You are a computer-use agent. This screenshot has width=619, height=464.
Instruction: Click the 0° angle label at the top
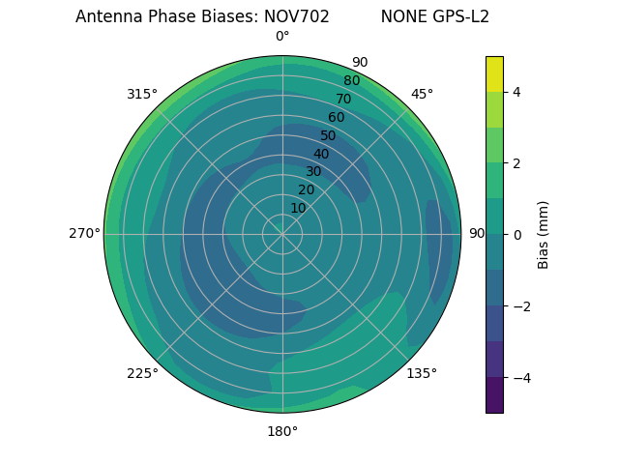[282, 37]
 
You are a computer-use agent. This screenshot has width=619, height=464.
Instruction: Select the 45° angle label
[422, 94]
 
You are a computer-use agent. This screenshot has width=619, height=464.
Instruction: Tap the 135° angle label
[422, 373]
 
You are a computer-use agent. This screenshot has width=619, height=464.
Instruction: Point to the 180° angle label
[282, 431]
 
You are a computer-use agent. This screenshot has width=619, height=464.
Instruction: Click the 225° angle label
[142, 373]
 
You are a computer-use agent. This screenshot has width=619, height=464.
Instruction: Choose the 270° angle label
[84, 234]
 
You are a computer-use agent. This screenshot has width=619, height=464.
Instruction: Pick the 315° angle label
[142, 94]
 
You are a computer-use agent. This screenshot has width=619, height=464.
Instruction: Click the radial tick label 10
[298, 208]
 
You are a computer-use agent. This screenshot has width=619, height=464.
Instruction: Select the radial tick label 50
[329, 135]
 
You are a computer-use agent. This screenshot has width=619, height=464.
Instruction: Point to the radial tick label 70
[344, 99]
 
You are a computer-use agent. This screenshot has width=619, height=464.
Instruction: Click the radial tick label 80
[352, 81]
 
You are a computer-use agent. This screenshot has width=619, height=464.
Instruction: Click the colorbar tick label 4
[516, 92]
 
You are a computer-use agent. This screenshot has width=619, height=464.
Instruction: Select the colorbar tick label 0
[516, 235]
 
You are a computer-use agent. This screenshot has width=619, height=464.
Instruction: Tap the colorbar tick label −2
[520, 306]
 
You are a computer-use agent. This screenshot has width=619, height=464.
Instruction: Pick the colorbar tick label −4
[520, 378]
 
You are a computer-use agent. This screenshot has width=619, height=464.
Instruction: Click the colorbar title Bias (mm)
[544, 234]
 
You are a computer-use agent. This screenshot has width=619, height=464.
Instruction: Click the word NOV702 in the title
[290, 16]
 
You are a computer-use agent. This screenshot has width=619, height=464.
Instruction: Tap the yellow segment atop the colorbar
[494, 73]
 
